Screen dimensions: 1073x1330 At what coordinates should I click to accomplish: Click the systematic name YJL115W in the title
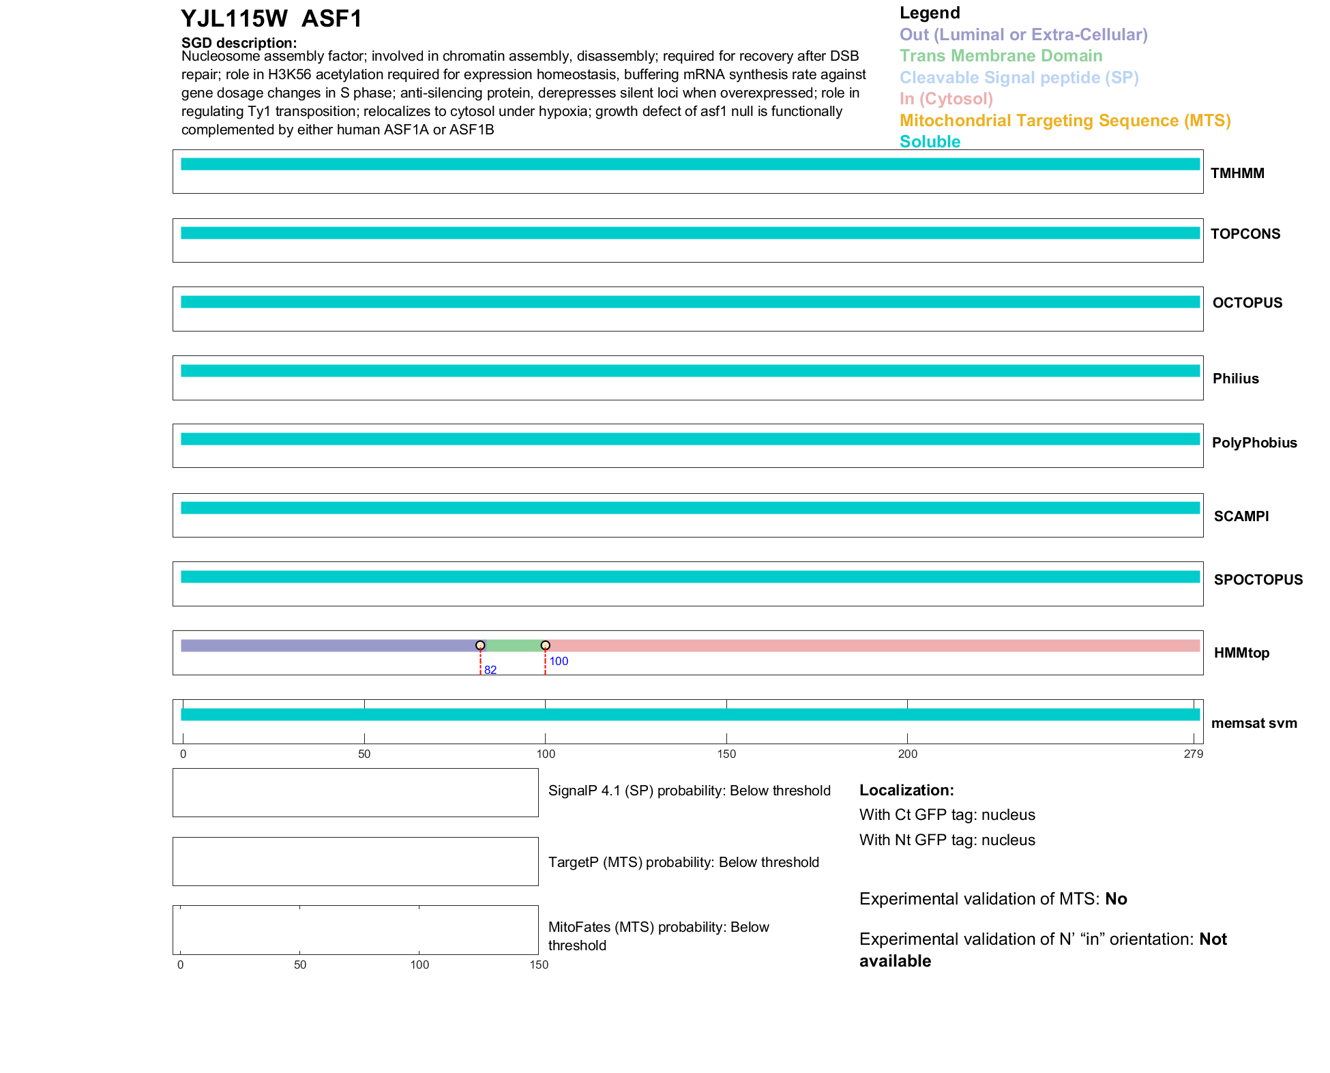(x=234, y=18)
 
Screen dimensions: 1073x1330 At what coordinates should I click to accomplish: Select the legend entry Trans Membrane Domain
(x=1001, y=56)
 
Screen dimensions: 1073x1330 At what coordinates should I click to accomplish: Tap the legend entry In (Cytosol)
(x=946, y=99)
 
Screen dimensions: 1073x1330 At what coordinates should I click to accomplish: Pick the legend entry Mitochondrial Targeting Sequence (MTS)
(x=1065, y=121)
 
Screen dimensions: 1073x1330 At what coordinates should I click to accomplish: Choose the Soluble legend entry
(x=930, y=142)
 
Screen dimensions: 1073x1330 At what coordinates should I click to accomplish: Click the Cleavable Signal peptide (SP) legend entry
(x=1019, y=78)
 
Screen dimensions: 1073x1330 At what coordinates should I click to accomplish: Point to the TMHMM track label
(x=1237, y=173)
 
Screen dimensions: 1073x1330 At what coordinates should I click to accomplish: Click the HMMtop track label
(x=1241, y=653)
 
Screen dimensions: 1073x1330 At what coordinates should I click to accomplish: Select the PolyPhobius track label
(x=1254, y=443)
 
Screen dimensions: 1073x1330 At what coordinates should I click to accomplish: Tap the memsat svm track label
(x=1254, y=723)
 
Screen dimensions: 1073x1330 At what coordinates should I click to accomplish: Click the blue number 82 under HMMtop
(x=490, y=671)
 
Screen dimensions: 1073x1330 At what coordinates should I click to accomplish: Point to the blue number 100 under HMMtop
(x=559, y=661)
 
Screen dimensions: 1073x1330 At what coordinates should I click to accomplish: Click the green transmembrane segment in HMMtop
(x=513, y=645)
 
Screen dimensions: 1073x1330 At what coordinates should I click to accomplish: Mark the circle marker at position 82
(x=480, y=645)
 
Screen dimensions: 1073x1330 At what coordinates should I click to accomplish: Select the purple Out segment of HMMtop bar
(x=327, y=645)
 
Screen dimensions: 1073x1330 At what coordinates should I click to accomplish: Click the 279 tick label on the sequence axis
(x=1194, y=754)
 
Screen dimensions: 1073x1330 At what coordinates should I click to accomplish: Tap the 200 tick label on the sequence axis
(x=907, y=754)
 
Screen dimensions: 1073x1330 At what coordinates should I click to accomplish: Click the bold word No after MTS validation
(x=1116, y=899)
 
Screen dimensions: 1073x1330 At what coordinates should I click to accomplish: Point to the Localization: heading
(x=906, y=791)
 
